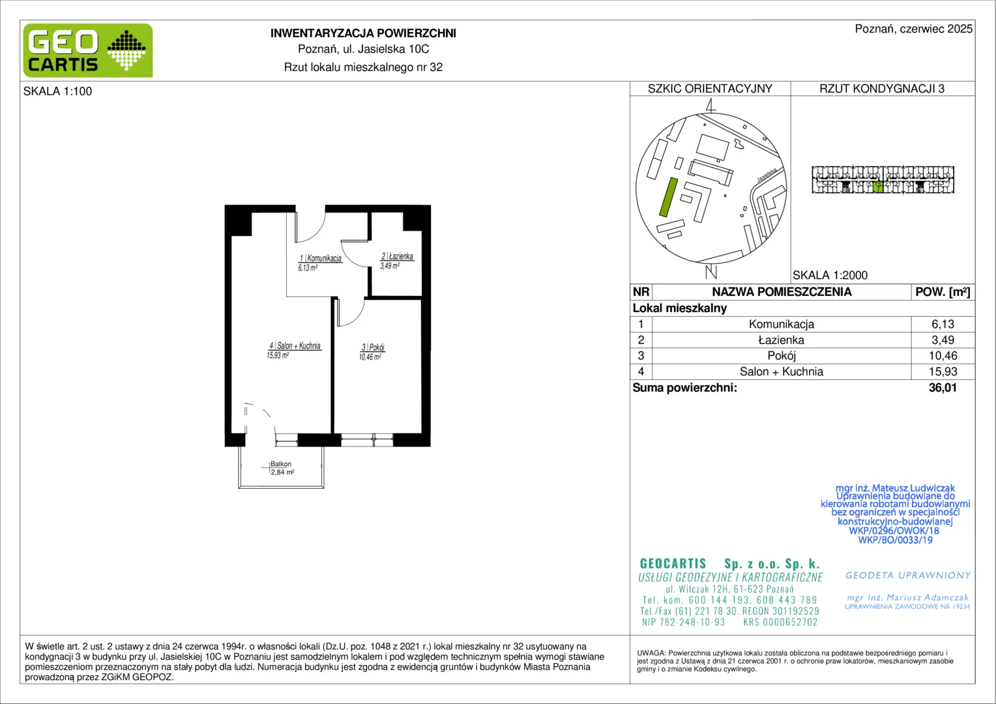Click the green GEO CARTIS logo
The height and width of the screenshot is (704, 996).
(88, 51)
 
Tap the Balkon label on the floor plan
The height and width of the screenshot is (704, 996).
(280, 464)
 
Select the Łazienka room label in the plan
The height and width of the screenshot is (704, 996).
(397, 256)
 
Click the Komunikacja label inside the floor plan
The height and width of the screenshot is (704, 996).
(321, 258)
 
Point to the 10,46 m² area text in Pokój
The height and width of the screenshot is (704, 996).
(370, 357)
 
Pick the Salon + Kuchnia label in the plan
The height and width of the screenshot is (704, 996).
(295, 345)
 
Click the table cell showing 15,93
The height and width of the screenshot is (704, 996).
(943, 372)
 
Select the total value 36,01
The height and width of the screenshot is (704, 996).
(943, 387)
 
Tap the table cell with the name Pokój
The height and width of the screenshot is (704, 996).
(782, 356)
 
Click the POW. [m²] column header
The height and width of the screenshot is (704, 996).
(943, 292)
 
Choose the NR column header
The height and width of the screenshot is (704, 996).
(641, 292)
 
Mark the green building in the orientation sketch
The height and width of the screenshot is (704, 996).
(668, 197)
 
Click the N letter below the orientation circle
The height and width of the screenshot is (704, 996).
(711, 272)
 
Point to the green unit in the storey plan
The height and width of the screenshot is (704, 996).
(877, 187)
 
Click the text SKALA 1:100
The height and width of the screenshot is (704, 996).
(57, 91)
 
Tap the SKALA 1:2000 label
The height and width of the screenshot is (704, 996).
(830, 275)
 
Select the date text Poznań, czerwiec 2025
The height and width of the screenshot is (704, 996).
(914, 29)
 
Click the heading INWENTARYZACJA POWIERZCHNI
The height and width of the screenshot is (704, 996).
(363, 33)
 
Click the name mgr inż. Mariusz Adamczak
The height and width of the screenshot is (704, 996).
(907, 597)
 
